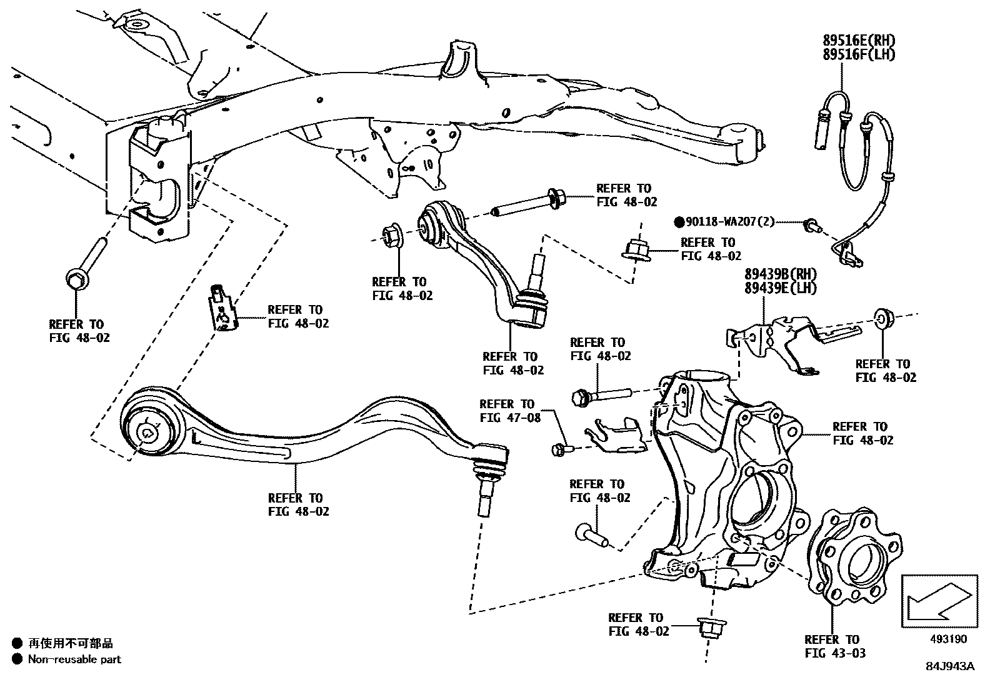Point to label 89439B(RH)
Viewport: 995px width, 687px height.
[780, 274]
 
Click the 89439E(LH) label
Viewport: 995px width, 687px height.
[780, 288]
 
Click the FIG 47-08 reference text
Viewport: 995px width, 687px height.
[510, 418]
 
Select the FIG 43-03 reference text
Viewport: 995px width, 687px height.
[835, 653]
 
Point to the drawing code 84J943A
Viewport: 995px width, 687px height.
[950, 666]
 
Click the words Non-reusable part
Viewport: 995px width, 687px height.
[74, 659]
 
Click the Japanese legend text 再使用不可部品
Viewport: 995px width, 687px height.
[71, 643]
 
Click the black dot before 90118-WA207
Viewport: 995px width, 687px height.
[679, 222]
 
